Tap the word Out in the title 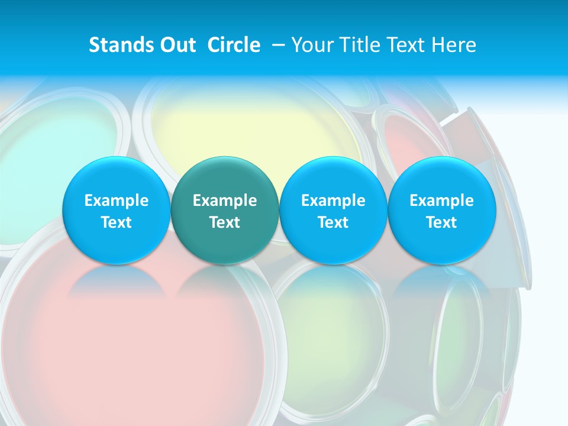[176, 45]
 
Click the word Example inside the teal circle [225, 201]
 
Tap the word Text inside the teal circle [225, 222]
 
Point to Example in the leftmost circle [116, 201]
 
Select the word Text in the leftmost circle [116, 222]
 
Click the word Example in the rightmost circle [441, 201]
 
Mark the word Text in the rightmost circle [441, 222]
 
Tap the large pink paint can [142, 349]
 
